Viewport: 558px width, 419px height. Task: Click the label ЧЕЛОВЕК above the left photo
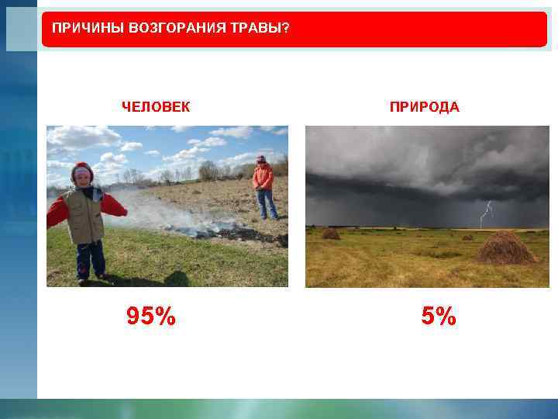tap(155, 107)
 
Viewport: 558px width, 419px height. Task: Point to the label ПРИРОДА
tap(424, 107)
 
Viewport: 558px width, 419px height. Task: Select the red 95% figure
tap(151, 317)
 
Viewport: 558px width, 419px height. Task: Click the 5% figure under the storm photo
tap(439, 317)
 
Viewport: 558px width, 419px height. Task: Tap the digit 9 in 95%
tap(135, 317)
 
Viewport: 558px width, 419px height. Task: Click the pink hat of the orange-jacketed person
tap(261, 158)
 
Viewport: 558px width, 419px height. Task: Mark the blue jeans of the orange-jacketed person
tap(266, 203)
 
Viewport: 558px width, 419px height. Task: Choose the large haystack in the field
tap(505, 248)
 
